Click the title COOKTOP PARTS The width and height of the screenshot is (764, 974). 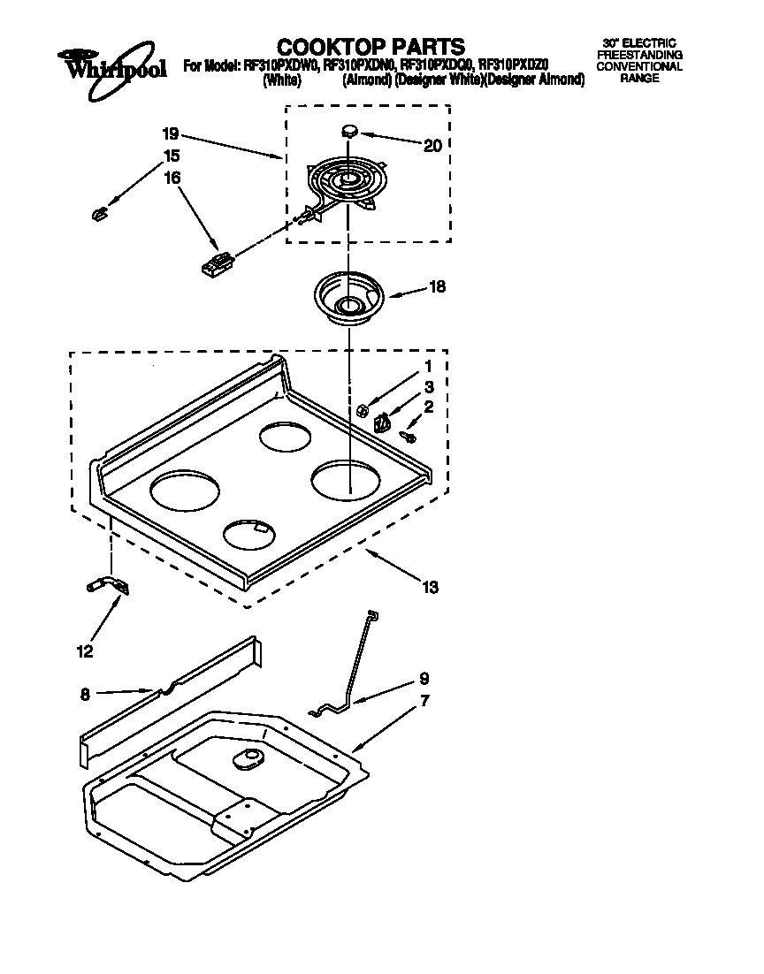pyautogui.click(x=371, y=46)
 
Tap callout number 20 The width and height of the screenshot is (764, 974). pyautogui.click(x=432, y=146)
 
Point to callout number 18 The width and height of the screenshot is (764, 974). pyautogui.click(x=437, y=286)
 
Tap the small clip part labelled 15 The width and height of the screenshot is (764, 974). pyautogui.click(x=99, y=212)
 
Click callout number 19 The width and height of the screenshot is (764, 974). pyautogui.click(x=171, y=134)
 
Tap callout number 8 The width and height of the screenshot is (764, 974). pyautogui.click(x=85, y=695)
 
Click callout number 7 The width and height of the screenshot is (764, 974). pyautogui.click(x=425, y=701)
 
